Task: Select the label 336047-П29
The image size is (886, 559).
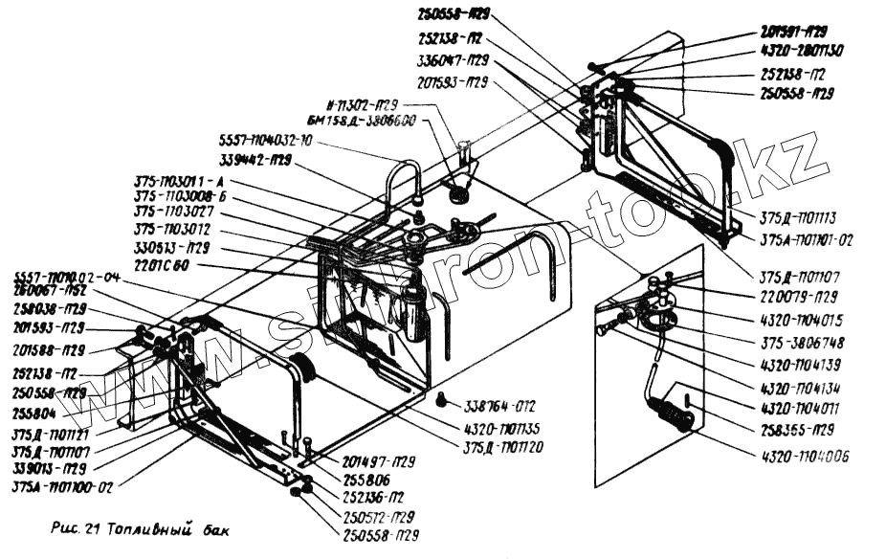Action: coord(454,59)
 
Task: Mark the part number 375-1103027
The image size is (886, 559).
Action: coord(173,212)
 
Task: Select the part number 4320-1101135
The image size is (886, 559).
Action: coord(502,431)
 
